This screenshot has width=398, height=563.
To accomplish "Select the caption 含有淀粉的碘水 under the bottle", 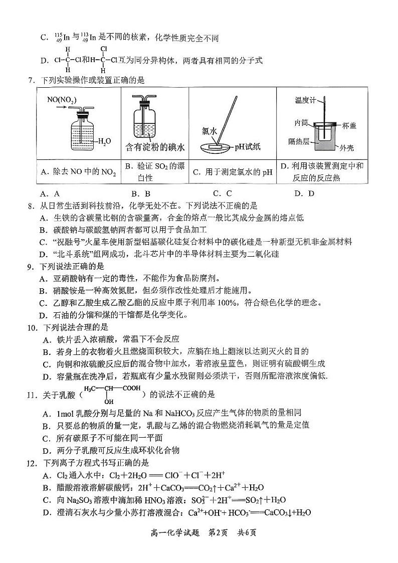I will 154,147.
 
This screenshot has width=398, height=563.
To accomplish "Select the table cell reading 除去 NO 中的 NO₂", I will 78,172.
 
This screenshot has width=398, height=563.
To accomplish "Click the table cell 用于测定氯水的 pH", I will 232,172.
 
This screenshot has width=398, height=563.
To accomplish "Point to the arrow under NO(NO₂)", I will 62,106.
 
